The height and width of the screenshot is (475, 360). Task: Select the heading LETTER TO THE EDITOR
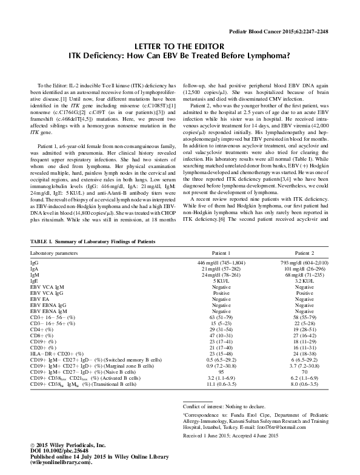179,45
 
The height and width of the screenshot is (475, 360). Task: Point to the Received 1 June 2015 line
230,453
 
